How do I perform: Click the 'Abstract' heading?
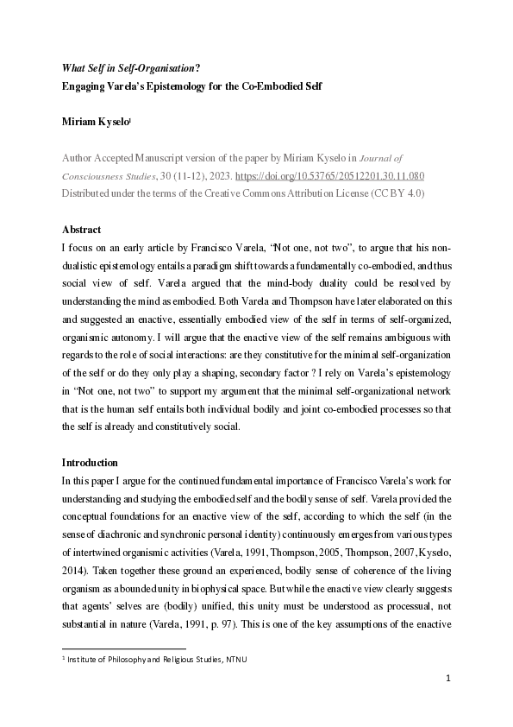pos(82,230)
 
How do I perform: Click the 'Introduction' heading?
pos(90,463)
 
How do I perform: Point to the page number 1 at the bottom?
pos(448,703)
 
